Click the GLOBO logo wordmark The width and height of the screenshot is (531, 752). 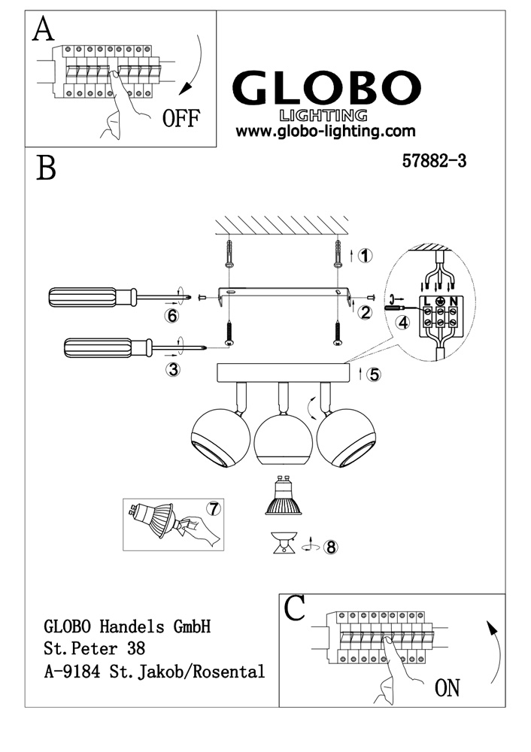point(325,89)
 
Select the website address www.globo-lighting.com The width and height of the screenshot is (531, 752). point(326,131)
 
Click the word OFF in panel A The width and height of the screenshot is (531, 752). point(181,120)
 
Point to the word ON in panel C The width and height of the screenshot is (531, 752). point(447,687)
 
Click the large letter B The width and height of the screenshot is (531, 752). point(46,167)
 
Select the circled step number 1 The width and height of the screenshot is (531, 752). point(365,256)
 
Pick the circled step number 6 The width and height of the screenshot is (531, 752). point(172,316)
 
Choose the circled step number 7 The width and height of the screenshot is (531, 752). point(214,508)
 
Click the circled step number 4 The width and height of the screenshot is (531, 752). point(404,323)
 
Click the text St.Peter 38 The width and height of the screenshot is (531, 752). point(95,647)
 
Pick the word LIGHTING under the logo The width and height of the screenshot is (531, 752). point(323,115)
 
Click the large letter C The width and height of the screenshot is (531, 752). point(296,608)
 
